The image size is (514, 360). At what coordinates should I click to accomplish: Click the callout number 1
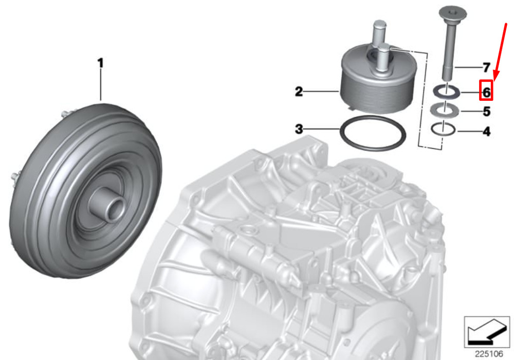click(x=101, y=63)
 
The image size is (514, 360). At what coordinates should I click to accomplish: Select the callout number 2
click(x=299, y=92)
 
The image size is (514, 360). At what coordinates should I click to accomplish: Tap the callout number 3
click(x=299, y=129)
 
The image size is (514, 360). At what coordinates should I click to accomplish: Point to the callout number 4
click(x=486, y=132)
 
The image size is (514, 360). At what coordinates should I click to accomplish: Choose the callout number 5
click(x=486, y=112)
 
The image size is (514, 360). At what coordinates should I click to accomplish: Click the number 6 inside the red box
click(x=486, y=92)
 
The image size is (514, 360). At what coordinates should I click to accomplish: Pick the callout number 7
click(x=486, y=67)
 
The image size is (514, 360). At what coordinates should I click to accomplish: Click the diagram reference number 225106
click(x=489, y=354)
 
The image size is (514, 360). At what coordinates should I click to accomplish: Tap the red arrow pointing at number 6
click(x=501, y=52)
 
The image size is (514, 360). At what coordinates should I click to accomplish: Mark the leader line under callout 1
click(x=101, y=84)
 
